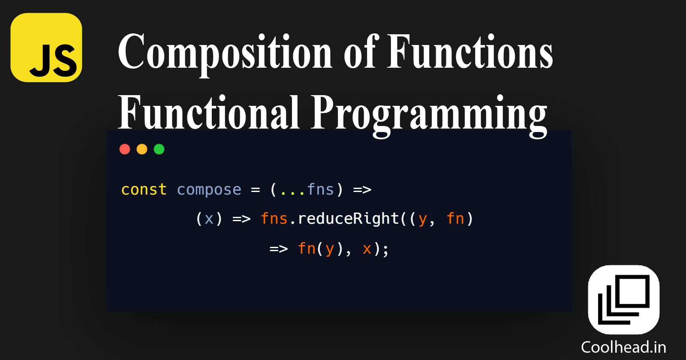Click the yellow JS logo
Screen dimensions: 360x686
point(46,48)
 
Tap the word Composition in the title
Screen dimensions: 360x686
point(225,53)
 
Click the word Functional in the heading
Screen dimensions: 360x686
point(208,112)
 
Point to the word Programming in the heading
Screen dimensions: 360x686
point(429,113)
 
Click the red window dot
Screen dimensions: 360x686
point(125,149)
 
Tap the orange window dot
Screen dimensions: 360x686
point(142,149)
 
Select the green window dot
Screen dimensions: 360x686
point(159,149)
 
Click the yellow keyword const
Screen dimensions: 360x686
point(144,189)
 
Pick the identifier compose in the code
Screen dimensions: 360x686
point(209,189)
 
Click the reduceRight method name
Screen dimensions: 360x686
point(348,219)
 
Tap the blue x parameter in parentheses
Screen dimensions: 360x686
point(209,219)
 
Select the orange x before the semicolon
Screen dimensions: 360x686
point(367,249)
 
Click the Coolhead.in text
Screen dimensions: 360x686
point(623,347)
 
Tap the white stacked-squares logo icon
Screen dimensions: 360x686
point(623,300)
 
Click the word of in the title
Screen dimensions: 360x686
point(360,53)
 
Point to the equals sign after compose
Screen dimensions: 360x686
point(256,189)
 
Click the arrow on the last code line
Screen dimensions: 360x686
point(278,249)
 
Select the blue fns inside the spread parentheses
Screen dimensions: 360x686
point(320,189)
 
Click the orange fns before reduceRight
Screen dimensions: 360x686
point(274,219)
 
